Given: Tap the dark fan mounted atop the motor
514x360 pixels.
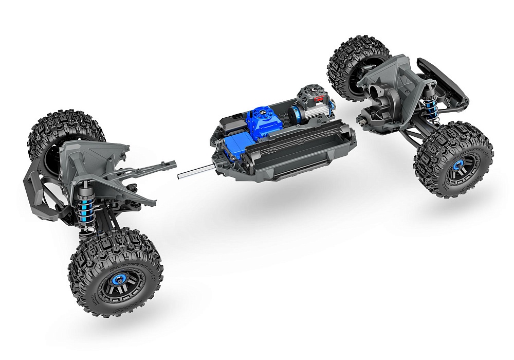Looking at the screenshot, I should click(308, 93).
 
